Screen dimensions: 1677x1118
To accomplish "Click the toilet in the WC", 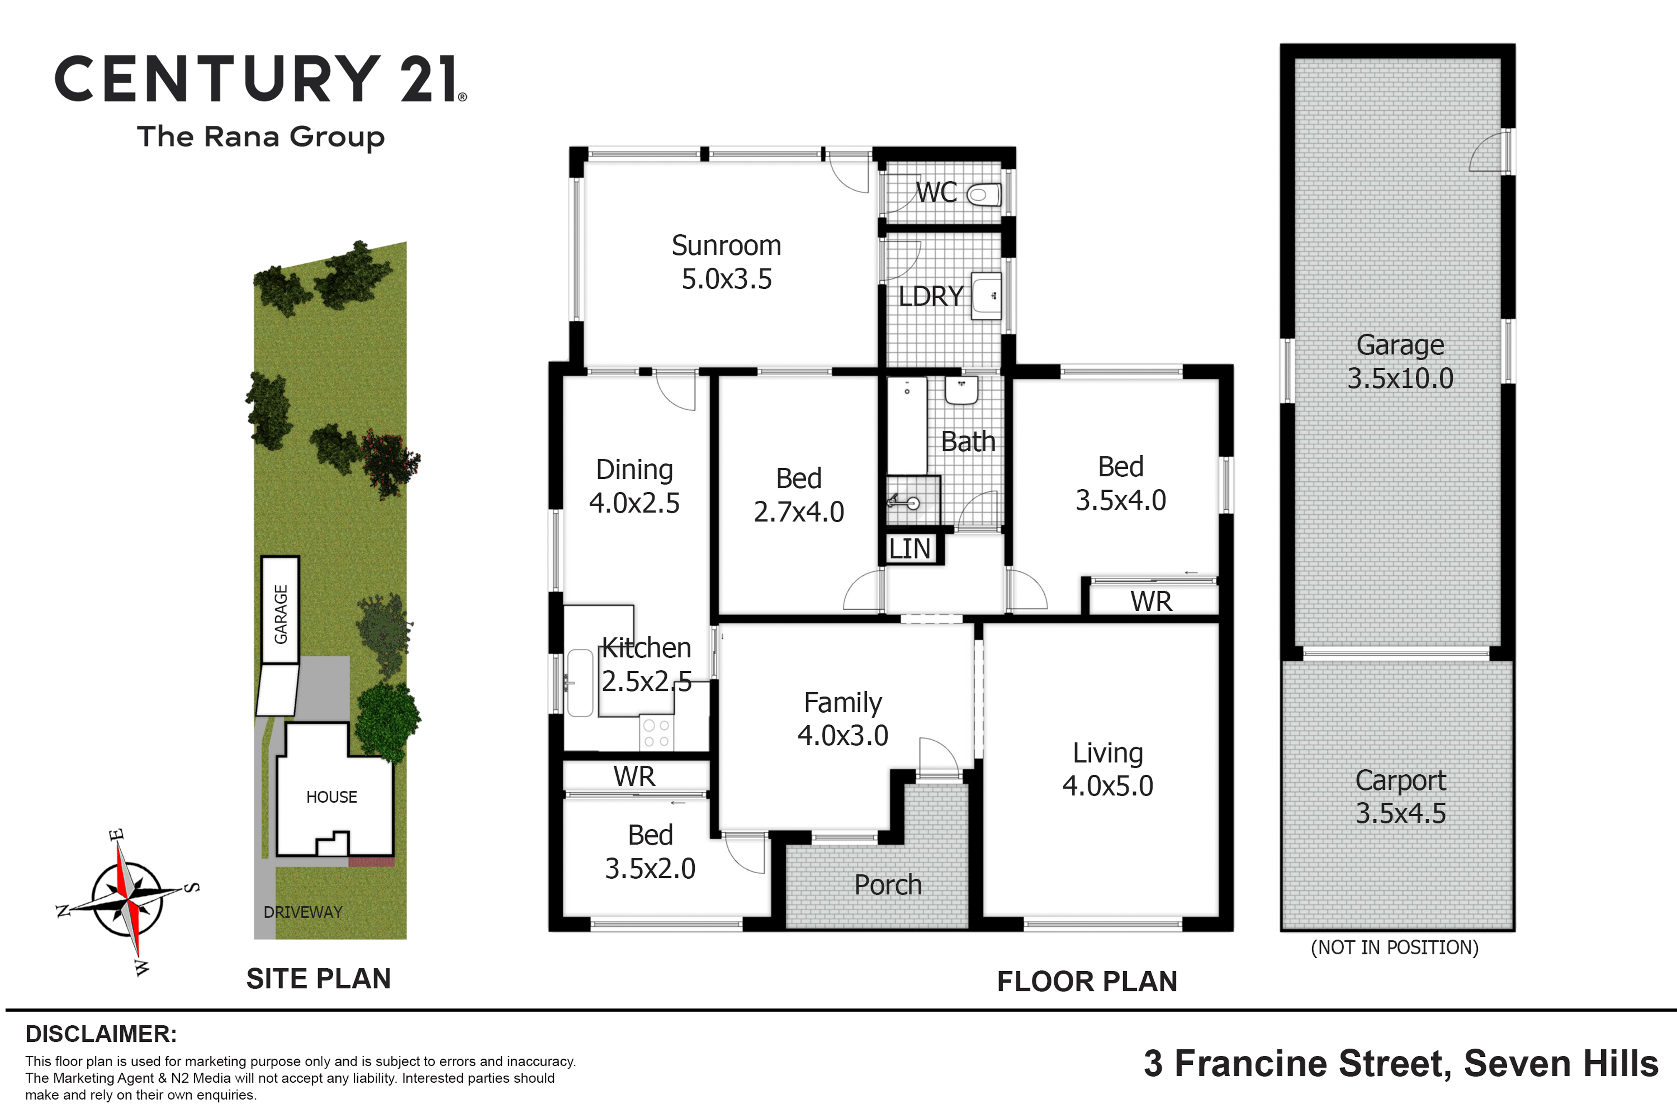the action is click(x=984, y=195).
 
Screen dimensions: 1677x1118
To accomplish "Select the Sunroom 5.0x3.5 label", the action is click(x=727, y=262).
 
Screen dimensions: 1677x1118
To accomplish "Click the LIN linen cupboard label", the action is click(x=910, y=549).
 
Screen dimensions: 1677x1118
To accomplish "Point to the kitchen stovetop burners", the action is click(x=657, y=733).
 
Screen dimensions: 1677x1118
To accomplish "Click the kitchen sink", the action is click(x=580, y=682).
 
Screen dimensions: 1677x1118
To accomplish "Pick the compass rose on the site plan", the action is click(x=127, y=900).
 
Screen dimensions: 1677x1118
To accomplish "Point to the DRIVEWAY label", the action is click(x=303, y=912).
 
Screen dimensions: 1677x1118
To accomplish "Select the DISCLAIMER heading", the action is click(x=101, y=1034).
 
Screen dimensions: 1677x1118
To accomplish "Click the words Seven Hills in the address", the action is click(x=1561, y=1064).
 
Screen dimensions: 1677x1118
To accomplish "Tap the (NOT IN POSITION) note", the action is click(x=1395, y=947).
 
